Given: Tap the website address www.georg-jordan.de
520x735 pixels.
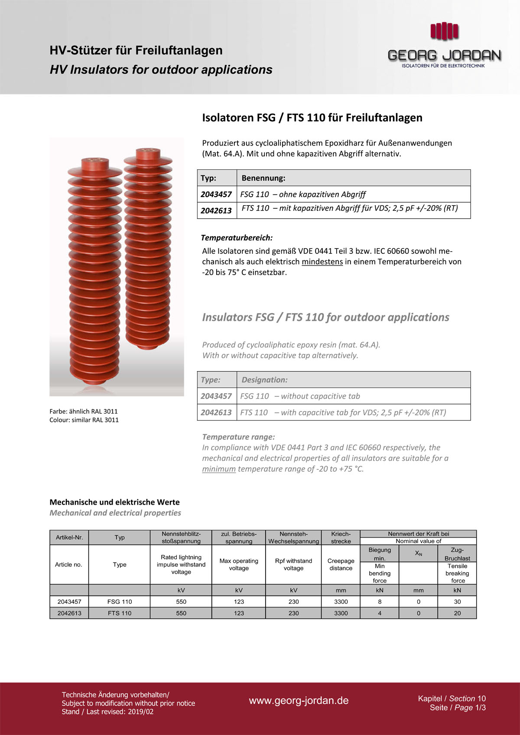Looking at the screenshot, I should point(299,700).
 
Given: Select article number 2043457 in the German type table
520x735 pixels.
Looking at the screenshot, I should point(216,194).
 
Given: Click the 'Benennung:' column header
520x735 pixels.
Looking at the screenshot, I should point(263,178).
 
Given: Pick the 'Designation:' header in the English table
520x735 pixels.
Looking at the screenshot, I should point(264,380).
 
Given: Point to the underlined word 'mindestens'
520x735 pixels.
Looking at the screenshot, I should point(322,262).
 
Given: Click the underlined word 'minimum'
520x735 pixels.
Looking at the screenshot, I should point(219,469).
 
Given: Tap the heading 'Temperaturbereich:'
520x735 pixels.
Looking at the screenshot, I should point(237,238).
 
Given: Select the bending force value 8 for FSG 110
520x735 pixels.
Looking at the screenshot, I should point(380,602).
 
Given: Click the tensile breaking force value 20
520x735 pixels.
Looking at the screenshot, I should point(457,613).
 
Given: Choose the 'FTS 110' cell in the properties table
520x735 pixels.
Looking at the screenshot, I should point(120,613).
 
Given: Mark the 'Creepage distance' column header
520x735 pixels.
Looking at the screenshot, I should point(341,564).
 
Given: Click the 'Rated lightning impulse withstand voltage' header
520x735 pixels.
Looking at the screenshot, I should point(181,564).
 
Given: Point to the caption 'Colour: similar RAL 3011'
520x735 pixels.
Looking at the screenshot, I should point(84,420).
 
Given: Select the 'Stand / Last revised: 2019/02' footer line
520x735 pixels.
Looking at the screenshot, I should point(107,712).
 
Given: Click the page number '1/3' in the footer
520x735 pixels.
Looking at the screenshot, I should point(481,708).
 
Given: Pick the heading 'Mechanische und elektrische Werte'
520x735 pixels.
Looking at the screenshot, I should point(114,502).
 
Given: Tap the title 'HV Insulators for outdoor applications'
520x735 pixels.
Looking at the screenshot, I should point(161,70).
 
